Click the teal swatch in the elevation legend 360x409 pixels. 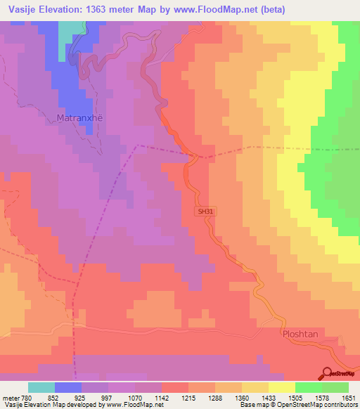41,387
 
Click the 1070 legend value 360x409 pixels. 136,397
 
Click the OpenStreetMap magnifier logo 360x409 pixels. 328,374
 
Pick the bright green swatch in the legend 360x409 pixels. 309,387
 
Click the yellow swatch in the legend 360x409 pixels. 282,387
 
